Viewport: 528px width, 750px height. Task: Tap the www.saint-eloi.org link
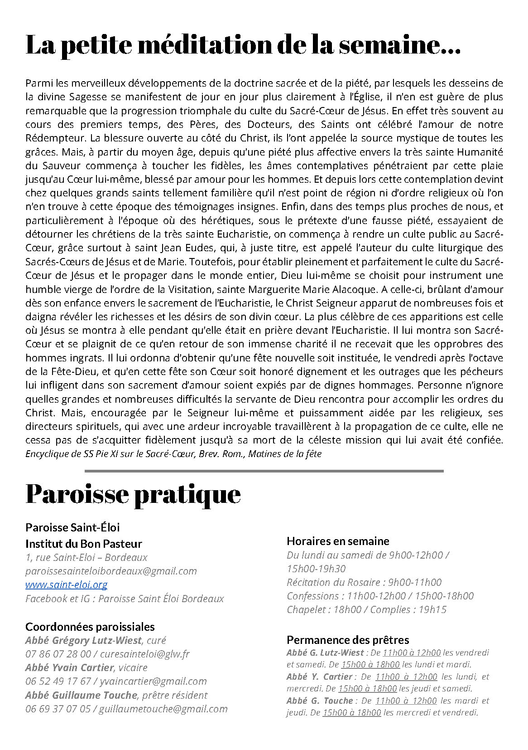coord(66,584)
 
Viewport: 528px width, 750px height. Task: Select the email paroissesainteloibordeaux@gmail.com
coord(111,571)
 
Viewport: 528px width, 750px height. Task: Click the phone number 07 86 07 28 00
coord(58,654)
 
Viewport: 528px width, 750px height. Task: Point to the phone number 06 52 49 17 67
coord(58,681)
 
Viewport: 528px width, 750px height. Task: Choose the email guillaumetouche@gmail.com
coord(163,709)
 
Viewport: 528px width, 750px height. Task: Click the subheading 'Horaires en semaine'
coord(338,541)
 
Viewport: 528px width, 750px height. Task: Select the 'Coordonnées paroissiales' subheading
coord(90,627)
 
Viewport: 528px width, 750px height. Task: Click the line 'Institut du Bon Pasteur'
coord(84,544)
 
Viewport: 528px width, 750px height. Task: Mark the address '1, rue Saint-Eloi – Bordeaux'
coord(86,557)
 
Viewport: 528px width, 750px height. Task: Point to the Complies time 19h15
coord(432,609)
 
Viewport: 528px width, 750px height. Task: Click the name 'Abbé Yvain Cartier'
coord(69,667)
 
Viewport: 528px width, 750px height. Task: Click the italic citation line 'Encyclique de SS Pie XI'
coord(173,454)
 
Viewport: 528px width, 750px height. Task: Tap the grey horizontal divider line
coord(264,471)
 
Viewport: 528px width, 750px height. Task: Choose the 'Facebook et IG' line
coord(125,599)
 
